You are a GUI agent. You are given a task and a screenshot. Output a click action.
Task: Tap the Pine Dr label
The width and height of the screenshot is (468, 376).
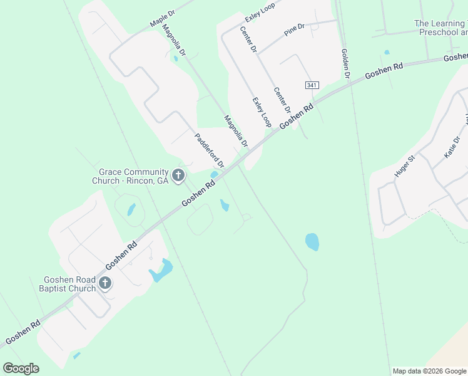(293, 29)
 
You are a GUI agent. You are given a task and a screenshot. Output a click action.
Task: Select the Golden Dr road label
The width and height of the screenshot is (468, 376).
(345, 63)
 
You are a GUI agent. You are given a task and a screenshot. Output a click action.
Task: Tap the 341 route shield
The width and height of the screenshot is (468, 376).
(312, 85)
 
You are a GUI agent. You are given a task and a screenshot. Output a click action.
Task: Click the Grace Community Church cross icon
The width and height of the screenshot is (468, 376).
(178, 175)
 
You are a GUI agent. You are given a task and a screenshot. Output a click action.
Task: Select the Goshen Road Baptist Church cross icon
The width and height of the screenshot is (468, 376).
(104, 283)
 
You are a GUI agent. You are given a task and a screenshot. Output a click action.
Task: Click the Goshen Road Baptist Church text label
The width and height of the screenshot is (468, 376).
(69, 284)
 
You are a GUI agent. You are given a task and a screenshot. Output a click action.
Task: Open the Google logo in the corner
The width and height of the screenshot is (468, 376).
(21, 368)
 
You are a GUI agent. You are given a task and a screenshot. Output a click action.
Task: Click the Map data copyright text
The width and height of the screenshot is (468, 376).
(429, 371)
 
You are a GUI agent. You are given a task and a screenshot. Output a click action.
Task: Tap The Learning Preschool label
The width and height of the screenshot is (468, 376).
(440, 28)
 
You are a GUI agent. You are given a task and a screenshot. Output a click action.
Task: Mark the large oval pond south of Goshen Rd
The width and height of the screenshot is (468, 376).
(312, 242)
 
